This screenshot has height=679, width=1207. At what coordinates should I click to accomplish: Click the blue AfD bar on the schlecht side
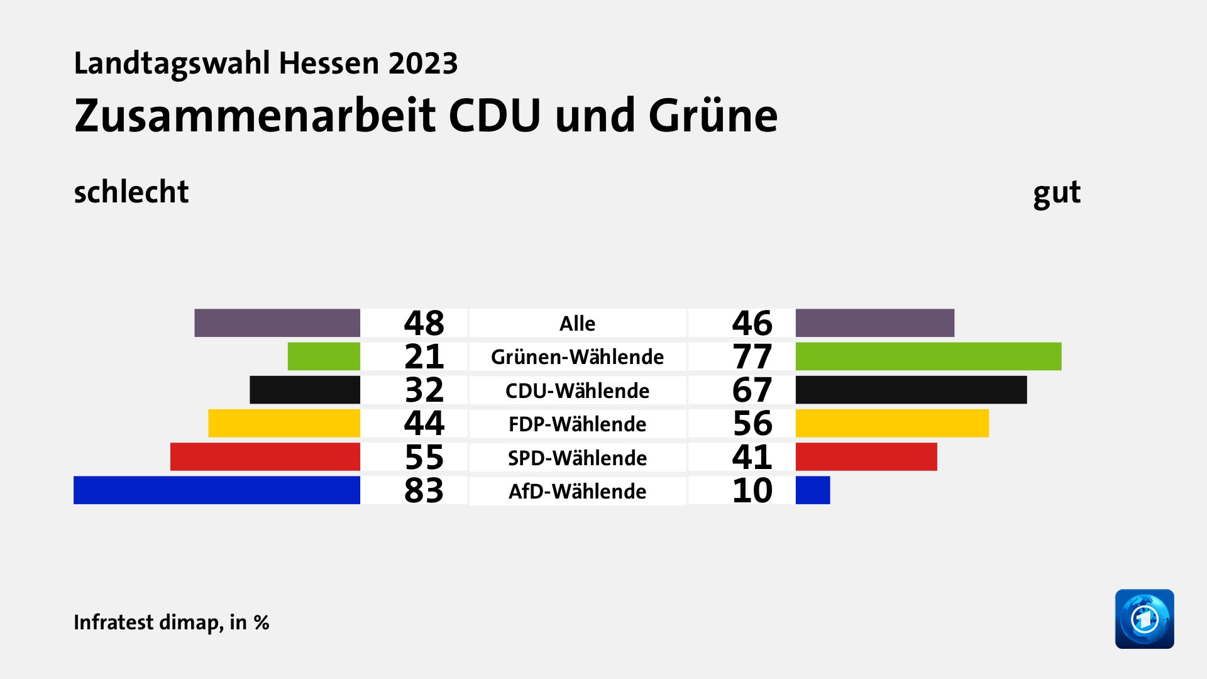point(217,490)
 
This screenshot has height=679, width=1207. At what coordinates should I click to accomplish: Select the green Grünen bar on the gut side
point(928,356)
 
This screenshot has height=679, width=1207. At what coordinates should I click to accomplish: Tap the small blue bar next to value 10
point(812,490)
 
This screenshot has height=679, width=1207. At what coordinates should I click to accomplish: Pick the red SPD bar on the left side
point(265,457)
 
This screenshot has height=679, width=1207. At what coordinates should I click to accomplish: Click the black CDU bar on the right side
point(911,390)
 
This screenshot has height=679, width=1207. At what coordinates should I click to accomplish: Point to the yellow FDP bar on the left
point(284,423)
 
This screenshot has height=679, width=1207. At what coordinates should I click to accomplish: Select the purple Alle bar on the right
point(874,323)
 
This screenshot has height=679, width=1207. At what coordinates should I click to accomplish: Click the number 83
point(424,491)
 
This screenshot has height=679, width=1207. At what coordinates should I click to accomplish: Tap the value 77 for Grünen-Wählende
point(752,357)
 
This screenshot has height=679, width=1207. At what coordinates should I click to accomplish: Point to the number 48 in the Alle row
point(424,323)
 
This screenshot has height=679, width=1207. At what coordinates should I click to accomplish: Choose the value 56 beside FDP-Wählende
point(752,424)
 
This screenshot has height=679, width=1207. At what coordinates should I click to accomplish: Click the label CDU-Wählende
point(577,391)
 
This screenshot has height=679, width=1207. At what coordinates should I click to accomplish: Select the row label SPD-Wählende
point(577,458)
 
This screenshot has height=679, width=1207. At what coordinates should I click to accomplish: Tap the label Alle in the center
point(577,324)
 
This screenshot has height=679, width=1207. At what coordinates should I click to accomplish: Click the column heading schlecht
point(131,192)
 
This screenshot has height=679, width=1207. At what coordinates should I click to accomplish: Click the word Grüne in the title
point(713,116)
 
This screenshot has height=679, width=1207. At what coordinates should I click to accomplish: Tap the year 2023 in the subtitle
point(422,63)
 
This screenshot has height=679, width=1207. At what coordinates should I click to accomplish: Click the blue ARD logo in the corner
point(1144,619)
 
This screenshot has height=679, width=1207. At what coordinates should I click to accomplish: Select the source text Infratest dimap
point(147,622)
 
